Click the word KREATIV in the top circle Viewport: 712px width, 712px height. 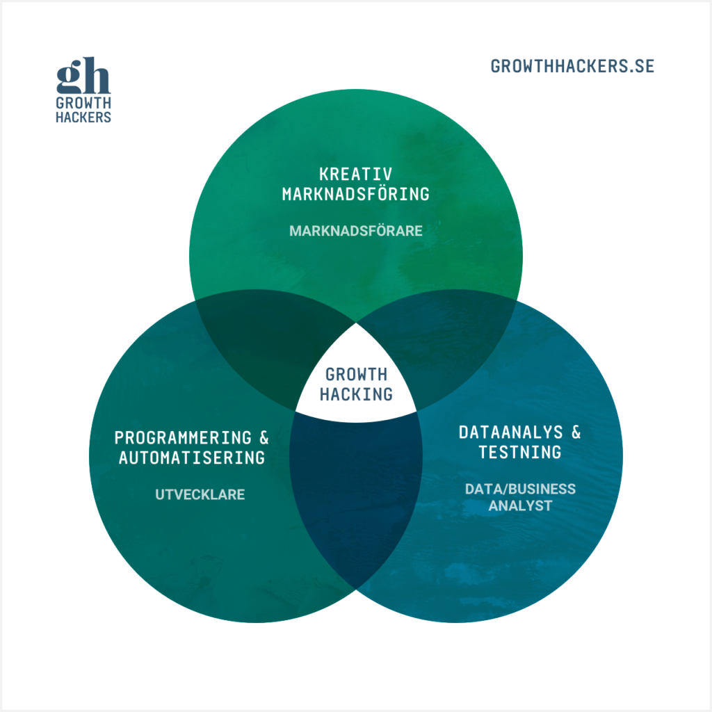click(x=355, y=174)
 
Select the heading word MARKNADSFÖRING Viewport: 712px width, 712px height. click(x=355, y=194)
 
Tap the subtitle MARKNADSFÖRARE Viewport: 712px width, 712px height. click(x=355, y=231)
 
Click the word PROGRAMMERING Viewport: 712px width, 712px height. click(x=183, y=438)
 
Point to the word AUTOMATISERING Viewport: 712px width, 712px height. click(x=192, y=458)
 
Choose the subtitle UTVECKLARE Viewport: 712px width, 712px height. click(x=200, y=495)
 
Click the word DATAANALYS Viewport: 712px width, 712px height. click(x=510, y=432)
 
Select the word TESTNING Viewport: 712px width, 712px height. click(x=519, y=453)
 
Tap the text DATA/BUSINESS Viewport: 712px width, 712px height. click(x=520, y=489)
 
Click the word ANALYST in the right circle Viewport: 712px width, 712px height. click(x=520, y=505)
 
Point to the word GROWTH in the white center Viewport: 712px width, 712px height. click(x=356, y=375)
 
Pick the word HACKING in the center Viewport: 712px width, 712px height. click(x=356, y=394)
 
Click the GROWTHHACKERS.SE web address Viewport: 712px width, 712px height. click(x=572, y=67)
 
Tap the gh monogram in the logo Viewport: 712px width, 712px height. click(x=83, y=78)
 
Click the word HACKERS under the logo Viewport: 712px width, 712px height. click(x=83, y=118)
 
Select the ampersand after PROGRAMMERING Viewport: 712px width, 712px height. click(x=264, y=438)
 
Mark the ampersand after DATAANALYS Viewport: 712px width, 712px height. click(x=575, y=432)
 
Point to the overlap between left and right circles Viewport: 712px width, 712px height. click(x=356, y=501)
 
